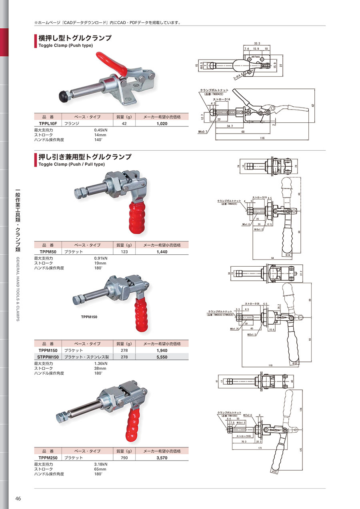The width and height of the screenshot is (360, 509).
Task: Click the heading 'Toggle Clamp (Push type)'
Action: (x=65, y=46)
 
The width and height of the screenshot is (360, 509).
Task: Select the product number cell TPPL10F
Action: (x=48, y=124)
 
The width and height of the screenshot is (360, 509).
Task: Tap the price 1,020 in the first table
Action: (x=162, y=124)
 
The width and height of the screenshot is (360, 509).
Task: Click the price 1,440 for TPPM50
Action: (x=162, y=252)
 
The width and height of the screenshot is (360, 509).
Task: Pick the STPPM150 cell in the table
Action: (x=48, y=357)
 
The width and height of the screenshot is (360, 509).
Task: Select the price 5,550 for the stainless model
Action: (x=162, y=357)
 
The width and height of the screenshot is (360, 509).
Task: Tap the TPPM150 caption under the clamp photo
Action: (x=90, y=317)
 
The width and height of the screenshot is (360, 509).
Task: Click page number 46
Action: (x=18, y=498)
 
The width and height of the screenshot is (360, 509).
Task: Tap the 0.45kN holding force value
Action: (x=100, y=130)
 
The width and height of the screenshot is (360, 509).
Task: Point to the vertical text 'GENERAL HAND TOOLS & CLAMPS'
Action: (x=18, y=289)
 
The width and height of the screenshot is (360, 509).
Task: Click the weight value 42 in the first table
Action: (x=124, y=124)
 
